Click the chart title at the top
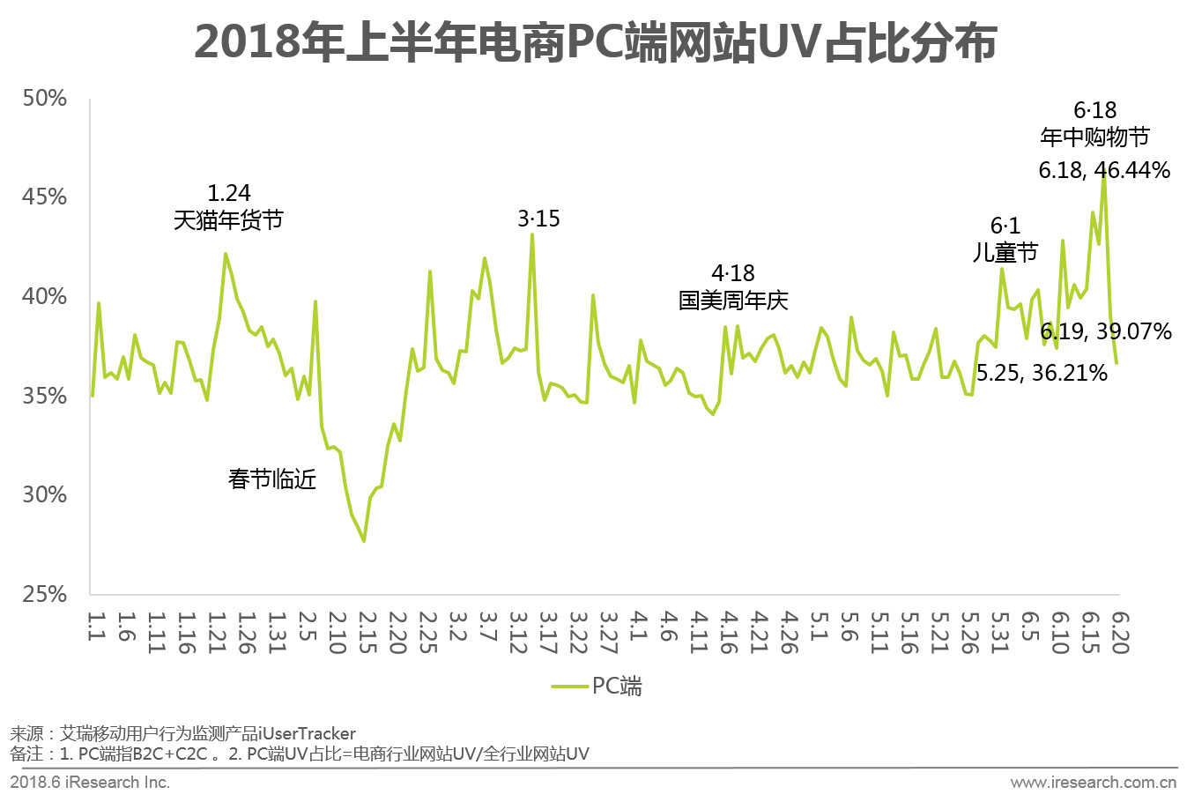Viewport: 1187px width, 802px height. (x=595, y=42)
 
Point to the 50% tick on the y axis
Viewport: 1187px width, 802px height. (x=45, y=98)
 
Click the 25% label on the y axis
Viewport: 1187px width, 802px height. (x=45, y=594)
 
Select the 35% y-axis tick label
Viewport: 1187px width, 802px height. (x=45, y=396)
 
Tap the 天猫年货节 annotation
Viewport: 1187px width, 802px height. (x=228, y=219)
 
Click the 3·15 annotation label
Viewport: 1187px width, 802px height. (x=538, y=219)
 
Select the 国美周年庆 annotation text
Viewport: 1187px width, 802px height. (x=733, y=301)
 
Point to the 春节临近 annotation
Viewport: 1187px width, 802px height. (x=272, y=479)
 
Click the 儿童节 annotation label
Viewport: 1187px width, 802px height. (x=1005, y=253)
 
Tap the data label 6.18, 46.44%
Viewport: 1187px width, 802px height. (x=1104, y=170)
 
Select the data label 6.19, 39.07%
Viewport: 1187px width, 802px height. (x=1106, y=331)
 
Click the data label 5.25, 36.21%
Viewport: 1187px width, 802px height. (x=1042, y=373)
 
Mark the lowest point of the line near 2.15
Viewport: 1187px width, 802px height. (x=364, y=540)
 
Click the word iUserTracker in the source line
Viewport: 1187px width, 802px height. (x=308, y=733)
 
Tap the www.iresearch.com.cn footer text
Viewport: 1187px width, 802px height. (x=1093, y=783)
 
